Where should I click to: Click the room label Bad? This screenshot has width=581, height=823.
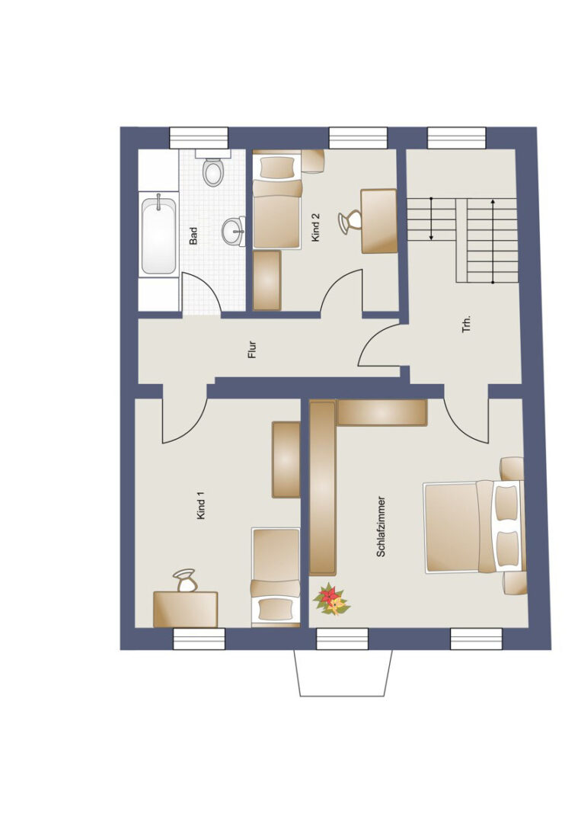(x=193, y=235)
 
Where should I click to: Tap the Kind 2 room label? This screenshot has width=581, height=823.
(x=316, y=228)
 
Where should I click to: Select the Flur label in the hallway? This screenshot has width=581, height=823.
(x=252, y=350)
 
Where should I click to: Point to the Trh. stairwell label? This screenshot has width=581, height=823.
(x=467, y=324)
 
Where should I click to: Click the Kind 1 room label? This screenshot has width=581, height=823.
(x=201, y=505)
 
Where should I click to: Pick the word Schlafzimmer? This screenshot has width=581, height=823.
(x=381, y=527)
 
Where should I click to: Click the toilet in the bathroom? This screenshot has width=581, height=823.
(x=213, y=168)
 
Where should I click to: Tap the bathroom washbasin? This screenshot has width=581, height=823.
(x=234, y=231)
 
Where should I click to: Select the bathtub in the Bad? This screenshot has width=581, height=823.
(x=158, y=235)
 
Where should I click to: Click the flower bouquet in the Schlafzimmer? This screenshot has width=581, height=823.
(x=331, y=599)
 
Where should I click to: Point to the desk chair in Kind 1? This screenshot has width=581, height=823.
(x=185, y=581)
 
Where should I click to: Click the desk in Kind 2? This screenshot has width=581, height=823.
(x=379, y=221)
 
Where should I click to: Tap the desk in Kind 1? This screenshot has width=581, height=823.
(x=185, y=609)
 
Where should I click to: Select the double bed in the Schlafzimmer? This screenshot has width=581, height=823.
(x=474, y=527)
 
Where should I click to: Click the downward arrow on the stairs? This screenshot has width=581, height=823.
(x=431, y=219)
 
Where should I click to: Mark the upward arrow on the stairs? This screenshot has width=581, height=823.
(x=493, y=242)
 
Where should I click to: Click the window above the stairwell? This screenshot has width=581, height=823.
(x=457, y=138)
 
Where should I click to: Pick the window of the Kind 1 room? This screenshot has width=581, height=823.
(x=199, y=639)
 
